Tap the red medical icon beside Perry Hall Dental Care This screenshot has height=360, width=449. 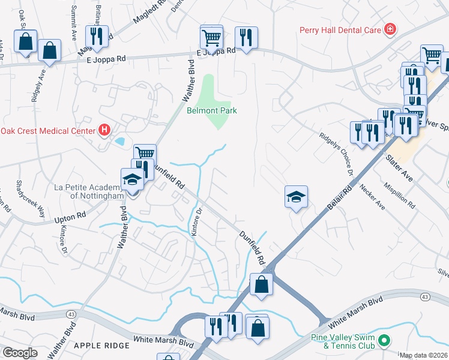point(390,29)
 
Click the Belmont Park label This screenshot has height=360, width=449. point(211,110)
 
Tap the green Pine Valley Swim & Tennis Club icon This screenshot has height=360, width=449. point(384,341)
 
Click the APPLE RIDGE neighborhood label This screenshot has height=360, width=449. point(101,346)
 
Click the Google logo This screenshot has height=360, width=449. point(20,353)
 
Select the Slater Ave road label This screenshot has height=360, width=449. point(399,170)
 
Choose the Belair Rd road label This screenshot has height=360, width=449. point(339,196)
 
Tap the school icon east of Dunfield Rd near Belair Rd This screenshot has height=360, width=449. point(296,197)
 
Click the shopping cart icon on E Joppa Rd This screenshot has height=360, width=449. point(211,37)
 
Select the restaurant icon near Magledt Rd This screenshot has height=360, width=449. point(97,37)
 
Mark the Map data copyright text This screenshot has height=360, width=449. point(424,355)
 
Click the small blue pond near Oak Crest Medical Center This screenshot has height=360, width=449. point(119,142)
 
